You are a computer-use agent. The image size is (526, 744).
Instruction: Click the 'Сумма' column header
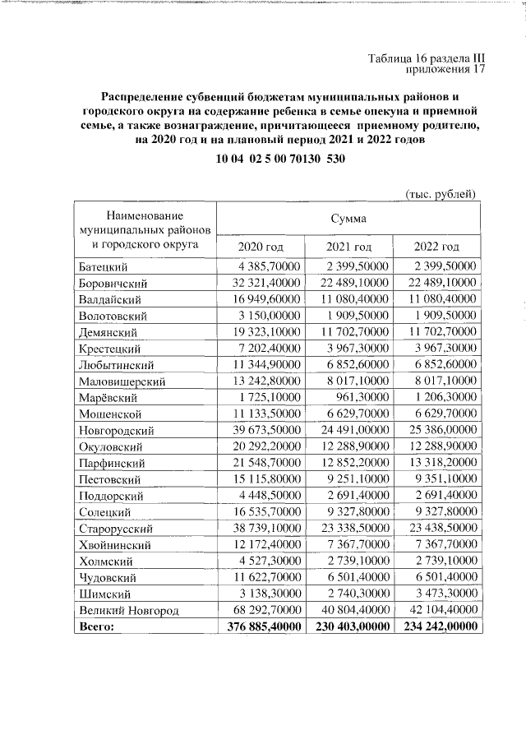pyautogui.click(x=348, y=219)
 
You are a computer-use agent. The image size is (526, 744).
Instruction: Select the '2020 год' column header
pyautogui.click(x=261, y=247)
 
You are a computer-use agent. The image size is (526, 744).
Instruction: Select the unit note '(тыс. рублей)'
pyautogui.click(x=441, y=193)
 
